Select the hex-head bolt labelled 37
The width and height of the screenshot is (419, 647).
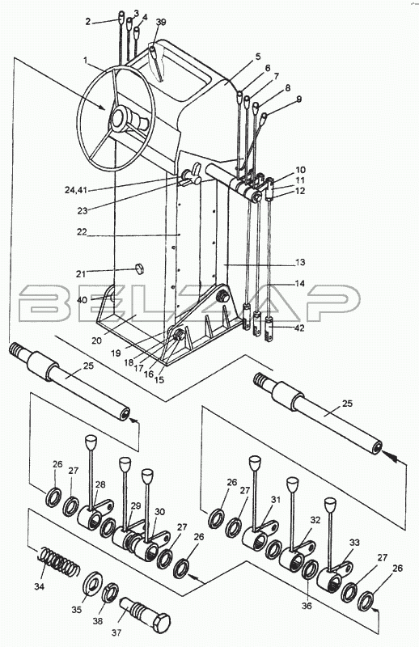[x=146, y=615]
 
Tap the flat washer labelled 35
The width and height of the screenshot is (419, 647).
[x=93, y=586]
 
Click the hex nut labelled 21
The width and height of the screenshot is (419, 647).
[x=138, y=269]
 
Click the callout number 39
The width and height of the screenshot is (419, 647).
[x=161, y=22]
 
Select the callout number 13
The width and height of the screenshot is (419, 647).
[x=300, y=262]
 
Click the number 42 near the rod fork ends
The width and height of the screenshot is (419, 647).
[x=299, y=328]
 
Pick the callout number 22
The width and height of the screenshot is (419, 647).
[x=82, y=232]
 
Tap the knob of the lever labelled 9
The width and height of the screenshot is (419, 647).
[x=265, y=116]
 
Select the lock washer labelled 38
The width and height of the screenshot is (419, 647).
[x=110, y=593]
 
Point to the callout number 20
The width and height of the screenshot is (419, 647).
[x=96, y=340]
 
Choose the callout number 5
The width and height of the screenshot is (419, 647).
[x=258, y=57]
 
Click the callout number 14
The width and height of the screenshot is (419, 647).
[x=300, y=284]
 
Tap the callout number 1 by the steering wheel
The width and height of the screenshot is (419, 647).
[x=86, y=60]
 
